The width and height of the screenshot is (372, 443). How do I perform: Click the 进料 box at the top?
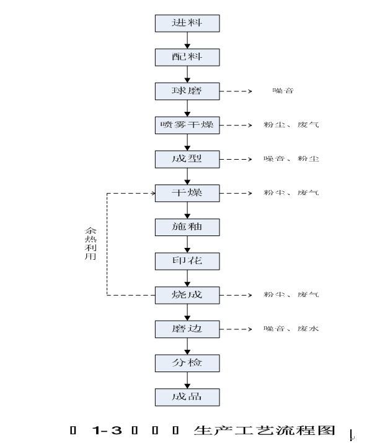coord(187,24)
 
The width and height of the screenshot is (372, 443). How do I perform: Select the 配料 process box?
coord(187,57)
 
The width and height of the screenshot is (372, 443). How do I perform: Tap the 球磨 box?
coord(187,91)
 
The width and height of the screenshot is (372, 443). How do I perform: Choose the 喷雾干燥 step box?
coord(187,125)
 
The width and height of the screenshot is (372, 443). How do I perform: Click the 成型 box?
coord(187,159)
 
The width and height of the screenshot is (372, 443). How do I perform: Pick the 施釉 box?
coord(187,227)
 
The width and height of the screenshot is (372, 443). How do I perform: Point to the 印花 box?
coord(187,260)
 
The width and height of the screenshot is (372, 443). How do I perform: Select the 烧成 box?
coord(187,294)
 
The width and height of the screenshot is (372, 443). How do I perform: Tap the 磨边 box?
coord(187,328)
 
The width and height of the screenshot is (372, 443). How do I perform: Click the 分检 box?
coord(187,362)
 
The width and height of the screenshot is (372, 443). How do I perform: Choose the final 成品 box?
coord(187,396)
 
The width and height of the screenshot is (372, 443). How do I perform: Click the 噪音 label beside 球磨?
coord(283,91)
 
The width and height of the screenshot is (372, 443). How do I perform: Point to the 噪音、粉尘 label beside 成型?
coord(291,159)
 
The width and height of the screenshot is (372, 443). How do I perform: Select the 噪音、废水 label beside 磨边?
coord(291,328)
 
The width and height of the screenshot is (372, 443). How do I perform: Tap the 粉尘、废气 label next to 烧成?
coord(291,294)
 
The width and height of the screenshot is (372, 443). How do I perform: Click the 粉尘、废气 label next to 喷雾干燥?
coord(291,125)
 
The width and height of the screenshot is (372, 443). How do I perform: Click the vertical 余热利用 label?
coord(91,244)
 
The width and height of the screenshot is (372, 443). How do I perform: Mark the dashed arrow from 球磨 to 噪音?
coord(236,91)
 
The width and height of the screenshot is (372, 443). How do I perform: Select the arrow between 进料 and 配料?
coord(187,40)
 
